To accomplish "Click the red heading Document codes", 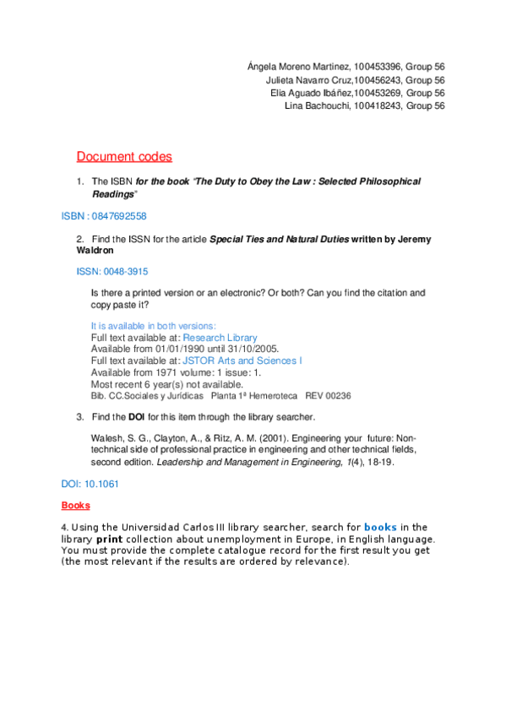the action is coord(124,156).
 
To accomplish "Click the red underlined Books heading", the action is coord(75,506).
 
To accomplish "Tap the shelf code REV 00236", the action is coord(328,395).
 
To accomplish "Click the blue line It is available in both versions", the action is coord(153,325).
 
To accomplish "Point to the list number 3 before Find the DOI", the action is coord(79,416).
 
